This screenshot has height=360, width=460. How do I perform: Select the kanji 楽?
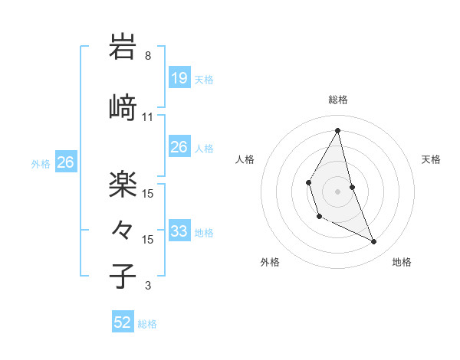click(123, 182)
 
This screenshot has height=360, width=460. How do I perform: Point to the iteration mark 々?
click(123, 229)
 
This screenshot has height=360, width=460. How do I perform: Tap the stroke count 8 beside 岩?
click(148, 56)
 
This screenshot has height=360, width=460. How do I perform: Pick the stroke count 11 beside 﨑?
click(148, 117)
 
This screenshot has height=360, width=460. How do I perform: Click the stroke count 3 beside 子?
click(148, 286)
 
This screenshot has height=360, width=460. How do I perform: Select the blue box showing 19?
click(179, 78)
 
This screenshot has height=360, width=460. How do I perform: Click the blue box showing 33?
click(179, 231)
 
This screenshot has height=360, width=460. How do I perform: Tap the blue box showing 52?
click(123, 322)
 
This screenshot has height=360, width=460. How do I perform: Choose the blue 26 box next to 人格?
click(179, 147)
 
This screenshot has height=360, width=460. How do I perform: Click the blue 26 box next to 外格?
click(65, 162)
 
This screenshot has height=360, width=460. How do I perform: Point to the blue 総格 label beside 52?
click(147, 324)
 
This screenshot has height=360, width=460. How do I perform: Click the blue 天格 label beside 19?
click(204, 80)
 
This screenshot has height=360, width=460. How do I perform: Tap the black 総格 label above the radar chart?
click(338, 100)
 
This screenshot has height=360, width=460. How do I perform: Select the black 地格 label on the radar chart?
click(402, 262)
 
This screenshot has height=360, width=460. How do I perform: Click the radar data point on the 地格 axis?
click(374, 241)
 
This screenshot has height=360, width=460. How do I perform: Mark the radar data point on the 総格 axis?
click(338, 130)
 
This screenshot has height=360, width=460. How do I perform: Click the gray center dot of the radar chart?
click(338, 190)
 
